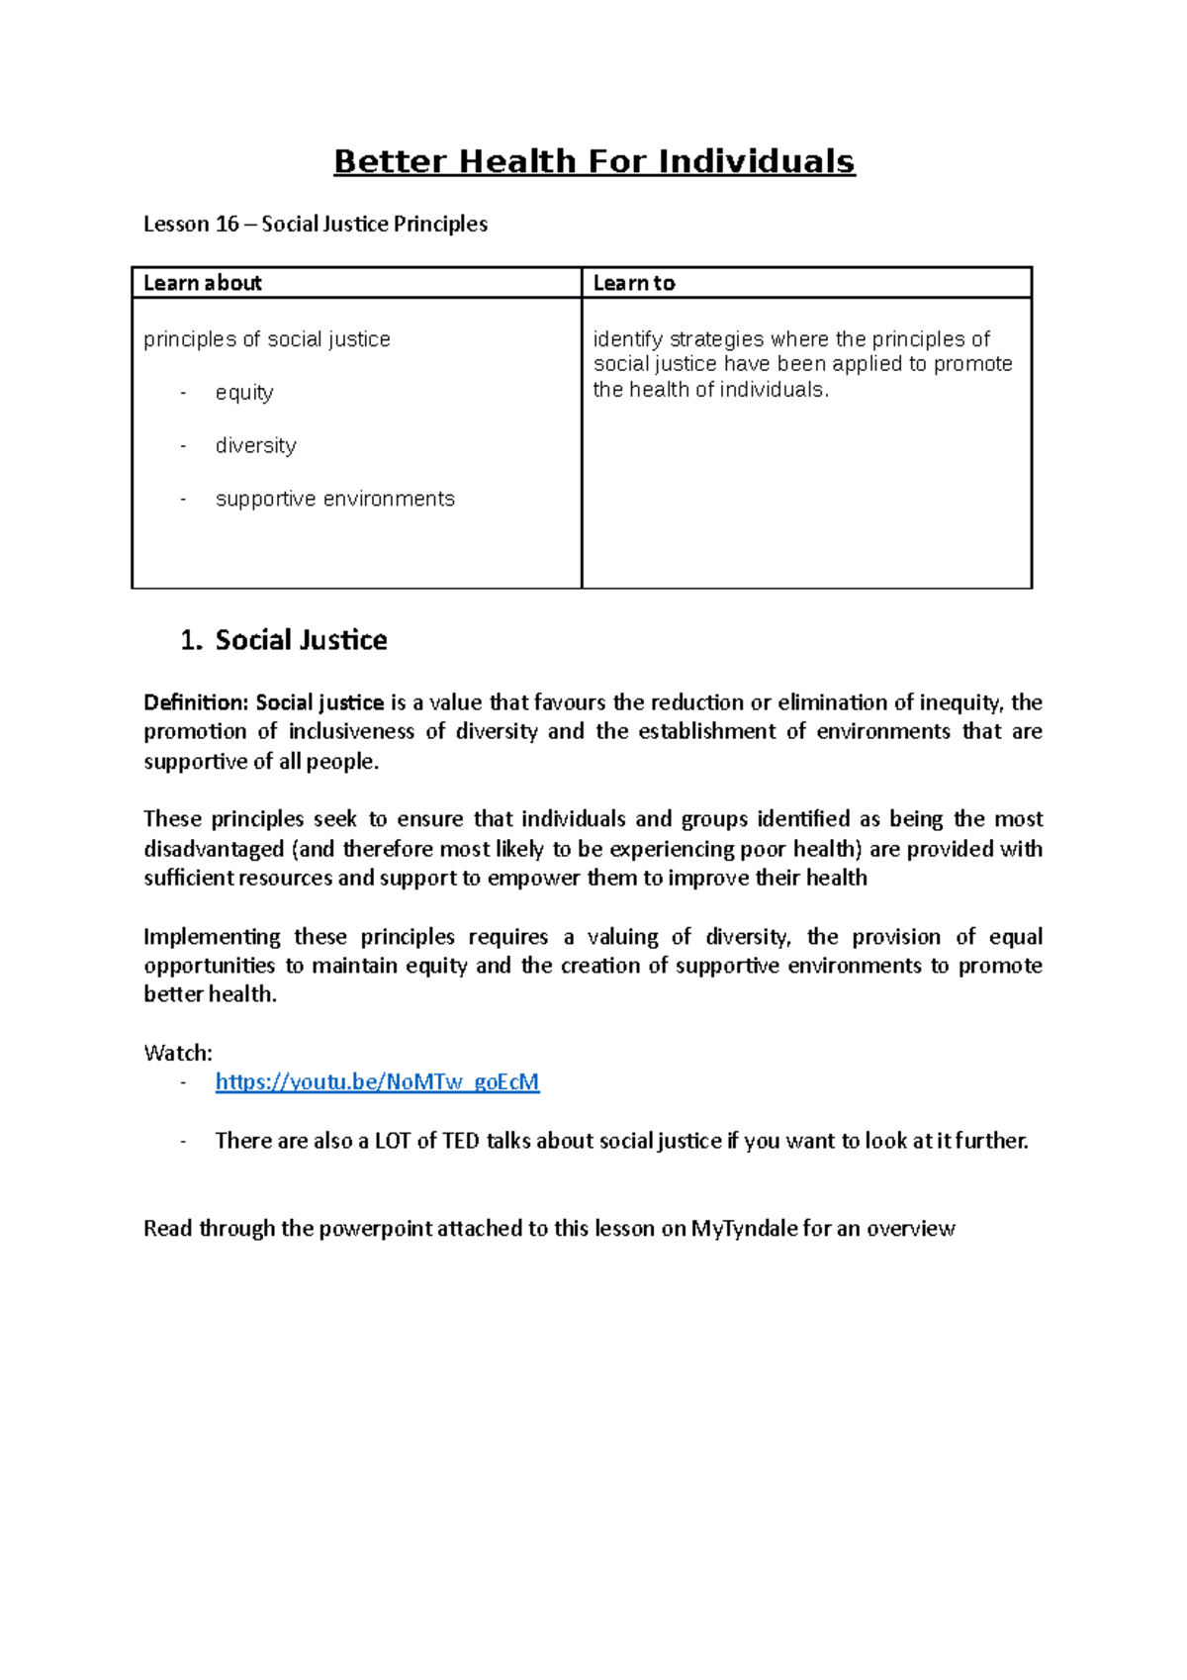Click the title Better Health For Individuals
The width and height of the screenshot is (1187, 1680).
593,161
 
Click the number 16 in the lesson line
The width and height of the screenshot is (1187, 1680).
228,224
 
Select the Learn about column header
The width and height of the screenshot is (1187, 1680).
203,283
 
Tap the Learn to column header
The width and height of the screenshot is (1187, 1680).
634,283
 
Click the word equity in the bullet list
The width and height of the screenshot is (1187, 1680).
244,393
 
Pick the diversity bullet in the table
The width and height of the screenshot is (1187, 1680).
255,445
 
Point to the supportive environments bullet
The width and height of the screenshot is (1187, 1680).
334,499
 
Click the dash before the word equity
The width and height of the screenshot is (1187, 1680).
183,393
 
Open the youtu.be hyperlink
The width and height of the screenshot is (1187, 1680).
377,1081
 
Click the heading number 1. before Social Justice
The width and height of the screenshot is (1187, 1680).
191,640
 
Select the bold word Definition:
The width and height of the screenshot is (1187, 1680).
196,702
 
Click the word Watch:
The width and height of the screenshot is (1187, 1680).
178,1053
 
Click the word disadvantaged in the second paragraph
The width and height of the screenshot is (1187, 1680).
214,849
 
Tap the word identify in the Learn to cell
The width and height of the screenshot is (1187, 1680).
628,339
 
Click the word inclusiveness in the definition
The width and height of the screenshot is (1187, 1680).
351,731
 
